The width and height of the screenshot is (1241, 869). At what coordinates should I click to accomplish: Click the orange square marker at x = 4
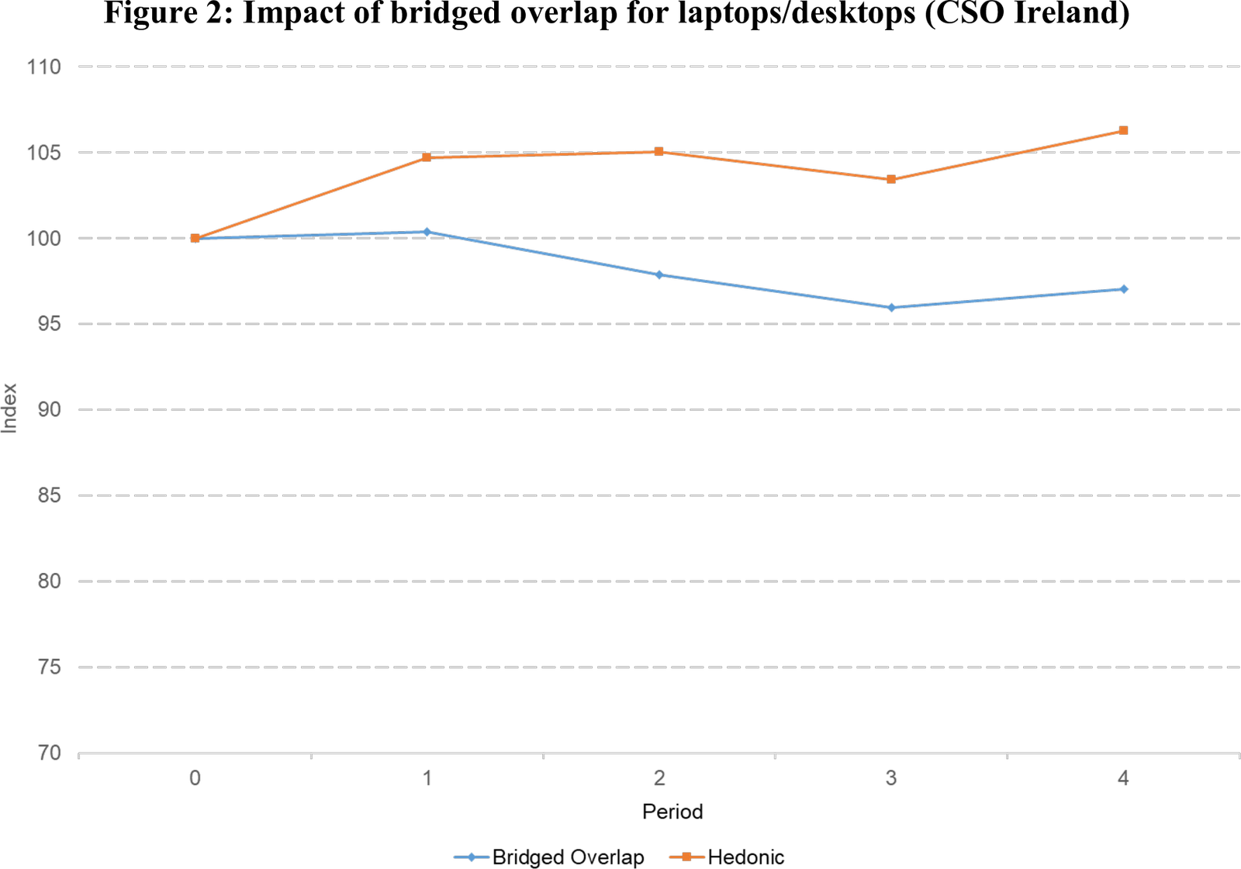coord(1122,130)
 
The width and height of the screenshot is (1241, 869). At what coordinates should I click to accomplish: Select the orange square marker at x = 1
coord(427,157)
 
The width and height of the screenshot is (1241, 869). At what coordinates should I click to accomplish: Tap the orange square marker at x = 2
coord(659,152)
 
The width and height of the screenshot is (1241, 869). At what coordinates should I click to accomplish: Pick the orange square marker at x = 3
coord(891,179)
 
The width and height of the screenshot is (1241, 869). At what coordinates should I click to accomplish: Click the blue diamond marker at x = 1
coord(427,231)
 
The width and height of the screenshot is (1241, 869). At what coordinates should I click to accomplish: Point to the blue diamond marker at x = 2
coord(659,274)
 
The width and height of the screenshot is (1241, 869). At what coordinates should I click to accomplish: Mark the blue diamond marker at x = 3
coord(891,308)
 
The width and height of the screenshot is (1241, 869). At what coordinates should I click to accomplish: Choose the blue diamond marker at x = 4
coord(1123,289)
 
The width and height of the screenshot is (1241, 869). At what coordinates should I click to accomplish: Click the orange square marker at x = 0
coord(195,238)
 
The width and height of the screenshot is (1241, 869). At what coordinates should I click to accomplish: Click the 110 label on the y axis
coord(43,67)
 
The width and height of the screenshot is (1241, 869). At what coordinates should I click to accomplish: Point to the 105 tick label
coord(43,153)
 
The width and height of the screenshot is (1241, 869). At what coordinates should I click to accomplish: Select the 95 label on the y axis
coord(48,324)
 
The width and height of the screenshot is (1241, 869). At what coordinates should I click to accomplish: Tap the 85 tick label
coord(48,496)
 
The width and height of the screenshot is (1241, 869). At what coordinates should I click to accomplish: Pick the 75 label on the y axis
coord(48,667)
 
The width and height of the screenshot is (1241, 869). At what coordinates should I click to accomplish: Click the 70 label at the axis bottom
coord(48,753)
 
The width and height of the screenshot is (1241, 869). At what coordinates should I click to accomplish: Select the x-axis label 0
coord(195,778)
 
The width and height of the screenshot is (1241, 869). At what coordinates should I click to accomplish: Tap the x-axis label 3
coord(891,778)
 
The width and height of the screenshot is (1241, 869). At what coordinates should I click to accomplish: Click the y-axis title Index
coord(10,408)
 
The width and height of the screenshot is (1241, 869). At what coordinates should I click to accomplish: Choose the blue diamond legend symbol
coord(471,857)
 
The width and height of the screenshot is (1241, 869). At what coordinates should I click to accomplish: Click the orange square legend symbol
coord(687,857)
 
